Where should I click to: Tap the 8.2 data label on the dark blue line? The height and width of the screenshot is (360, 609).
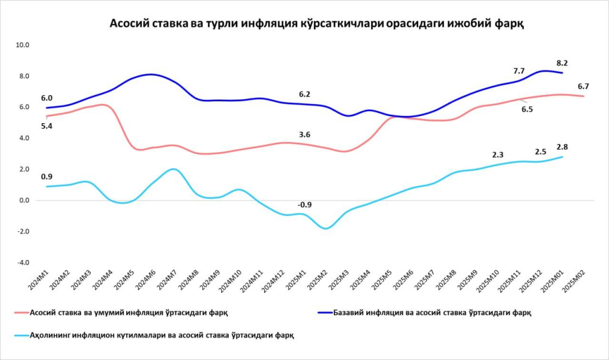(562, 62)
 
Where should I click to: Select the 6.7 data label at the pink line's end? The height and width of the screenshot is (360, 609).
(583, 86)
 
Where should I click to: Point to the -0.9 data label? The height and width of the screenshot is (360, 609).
(304, 205)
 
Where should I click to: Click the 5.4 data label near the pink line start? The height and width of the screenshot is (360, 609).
(46, 126)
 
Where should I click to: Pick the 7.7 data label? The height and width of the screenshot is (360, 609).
(519, 70)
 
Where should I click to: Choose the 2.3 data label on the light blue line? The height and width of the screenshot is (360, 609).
(498, 155)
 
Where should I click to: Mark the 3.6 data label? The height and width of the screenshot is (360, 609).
(304, 135)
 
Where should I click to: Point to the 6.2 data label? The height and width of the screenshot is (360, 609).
(304, 94)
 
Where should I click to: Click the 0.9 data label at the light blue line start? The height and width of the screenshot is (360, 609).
(46, 177)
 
